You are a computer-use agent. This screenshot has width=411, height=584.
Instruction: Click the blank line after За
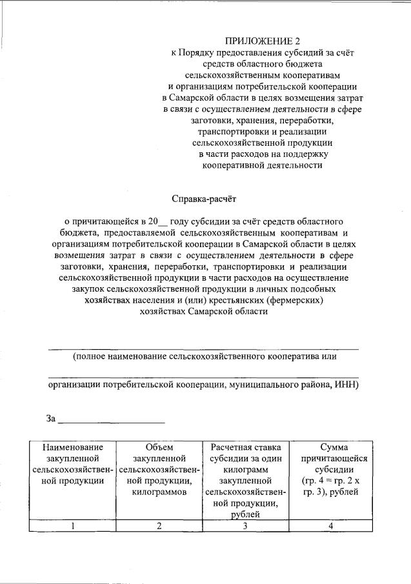[x=111, y=421]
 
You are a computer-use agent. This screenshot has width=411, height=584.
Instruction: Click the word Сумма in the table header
[x=330, y=447]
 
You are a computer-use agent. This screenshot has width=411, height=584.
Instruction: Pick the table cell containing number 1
[x=73, y=526]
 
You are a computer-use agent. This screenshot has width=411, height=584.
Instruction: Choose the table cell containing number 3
[x=245, y=526]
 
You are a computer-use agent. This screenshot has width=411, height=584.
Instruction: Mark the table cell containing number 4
[x=330, y=526]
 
